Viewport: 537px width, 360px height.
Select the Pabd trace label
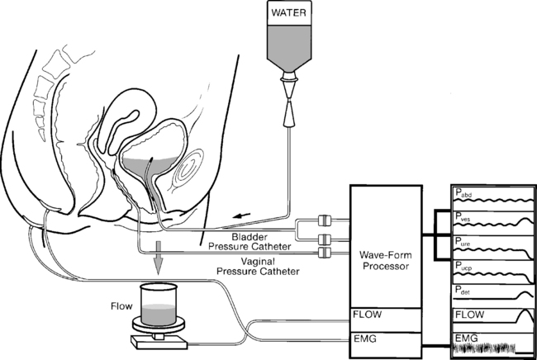(x=462, y=194)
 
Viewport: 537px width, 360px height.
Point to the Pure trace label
(x=462, y=242)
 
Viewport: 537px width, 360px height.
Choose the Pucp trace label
(x=463, y=266)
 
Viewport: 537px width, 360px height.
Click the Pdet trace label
(x=462, y=290)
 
